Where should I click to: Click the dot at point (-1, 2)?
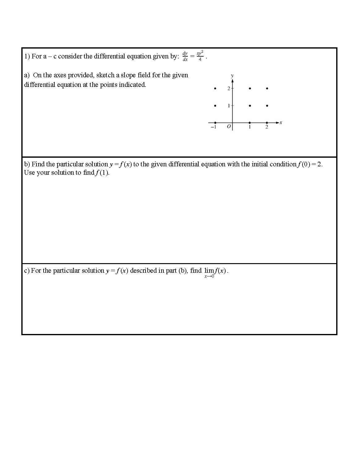215,88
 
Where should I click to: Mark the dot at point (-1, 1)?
215,106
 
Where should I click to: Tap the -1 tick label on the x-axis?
213,127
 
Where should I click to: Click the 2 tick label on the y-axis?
229,89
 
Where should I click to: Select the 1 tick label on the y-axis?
229,106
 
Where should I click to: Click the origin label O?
229,127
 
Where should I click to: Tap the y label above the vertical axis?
232,75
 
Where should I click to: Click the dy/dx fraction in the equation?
185,56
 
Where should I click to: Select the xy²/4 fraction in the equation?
200,56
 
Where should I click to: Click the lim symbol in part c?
209,271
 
